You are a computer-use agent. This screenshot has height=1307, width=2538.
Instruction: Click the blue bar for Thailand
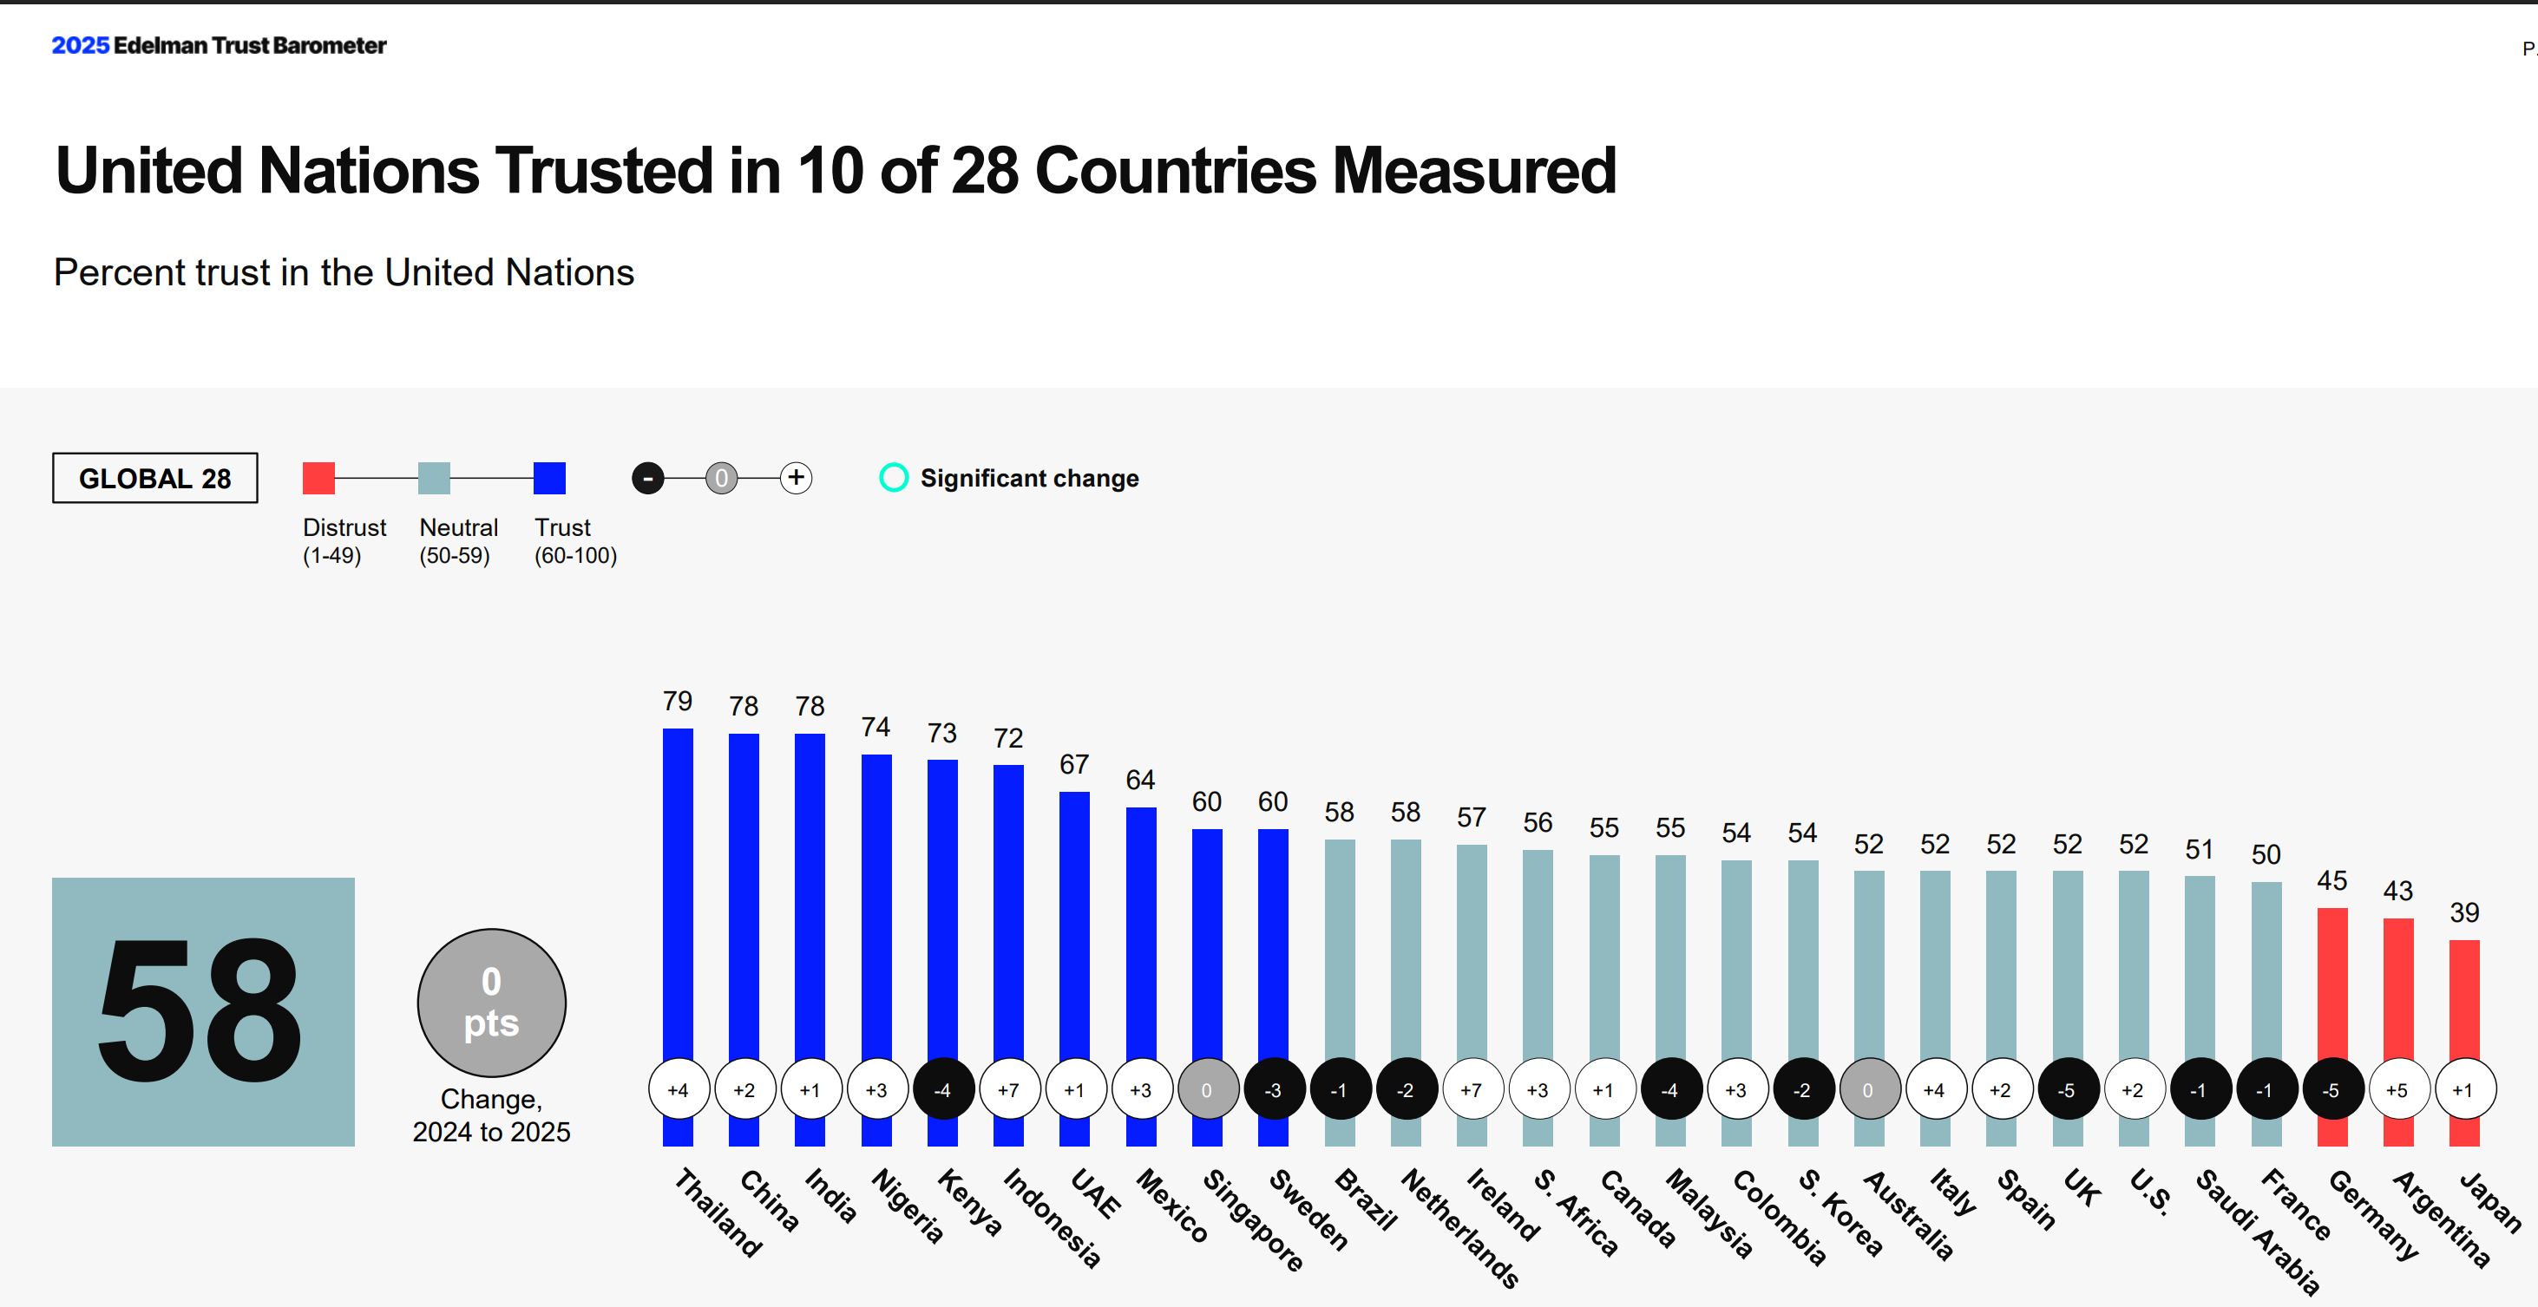[678, 886]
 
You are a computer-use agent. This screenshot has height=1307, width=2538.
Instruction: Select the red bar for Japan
[2464, 995]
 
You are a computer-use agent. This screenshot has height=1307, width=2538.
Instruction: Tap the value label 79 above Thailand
[678, 702]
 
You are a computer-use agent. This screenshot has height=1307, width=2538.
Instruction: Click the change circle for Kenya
[943, 1089]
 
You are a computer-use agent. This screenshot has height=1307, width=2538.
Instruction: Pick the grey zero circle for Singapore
[1207, 1089]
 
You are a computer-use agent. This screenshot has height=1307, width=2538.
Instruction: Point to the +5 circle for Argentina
[2397, 1089]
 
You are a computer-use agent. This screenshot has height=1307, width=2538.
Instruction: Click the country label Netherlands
[1460, 1227]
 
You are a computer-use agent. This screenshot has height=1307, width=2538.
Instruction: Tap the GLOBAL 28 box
[154, 478]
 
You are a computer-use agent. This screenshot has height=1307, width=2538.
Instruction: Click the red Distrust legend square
[318, 478]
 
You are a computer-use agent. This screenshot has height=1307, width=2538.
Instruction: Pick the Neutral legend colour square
[434, 478]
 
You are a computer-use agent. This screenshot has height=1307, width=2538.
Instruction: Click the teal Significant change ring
[894, 478]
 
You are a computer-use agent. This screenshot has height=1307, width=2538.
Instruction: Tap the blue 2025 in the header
[80, 45]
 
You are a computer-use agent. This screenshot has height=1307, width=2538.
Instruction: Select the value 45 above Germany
[2331, 880]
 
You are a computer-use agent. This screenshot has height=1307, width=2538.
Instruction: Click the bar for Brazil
[1339, 945]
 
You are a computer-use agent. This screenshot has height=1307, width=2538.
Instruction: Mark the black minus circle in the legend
[647, 478]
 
